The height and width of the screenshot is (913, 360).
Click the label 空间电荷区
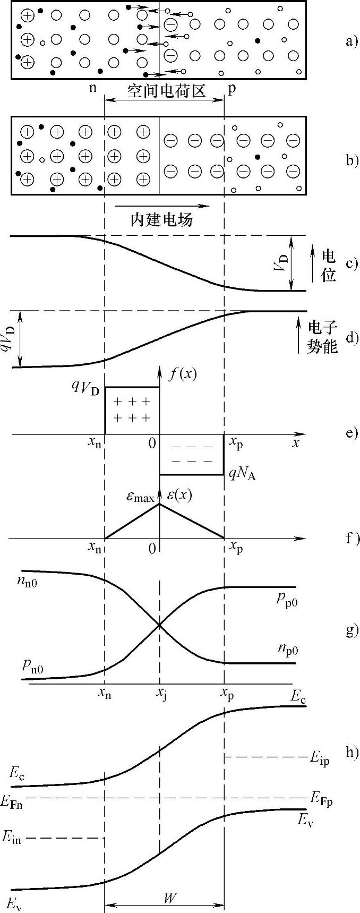(x=166, y=91)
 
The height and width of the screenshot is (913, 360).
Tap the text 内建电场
(x=161, y=219)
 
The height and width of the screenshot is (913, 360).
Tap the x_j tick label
(x=160, y=694)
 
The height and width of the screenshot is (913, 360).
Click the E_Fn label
(x=12, y=803)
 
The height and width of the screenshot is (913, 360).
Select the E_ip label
(x=320, y=759)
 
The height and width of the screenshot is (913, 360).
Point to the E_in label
(x=12, y=838)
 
